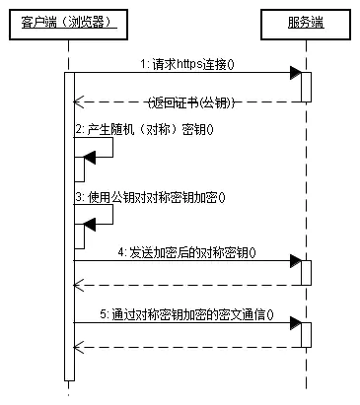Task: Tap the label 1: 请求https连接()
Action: pos(192,63)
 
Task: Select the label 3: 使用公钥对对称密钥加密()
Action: pos(151,196)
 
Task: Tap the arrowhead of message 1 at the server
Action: pos(294,73)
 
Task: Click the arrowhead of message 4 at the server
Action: pos(294,261)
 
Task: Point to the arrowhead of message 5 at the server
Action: pos(294,322)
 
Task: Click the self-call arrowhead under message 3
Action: pos(90,224)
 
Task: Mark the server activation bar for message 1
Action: pos(307,87)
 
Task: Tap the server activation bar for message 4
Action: pos(307,273)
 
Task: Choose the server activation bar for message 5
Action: pos(307,334)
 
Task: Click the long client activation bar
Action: pos(68,227)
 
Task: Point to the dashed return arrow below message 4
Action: pos(187,286)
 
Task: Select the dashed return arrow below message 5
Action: pos(187,347)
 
